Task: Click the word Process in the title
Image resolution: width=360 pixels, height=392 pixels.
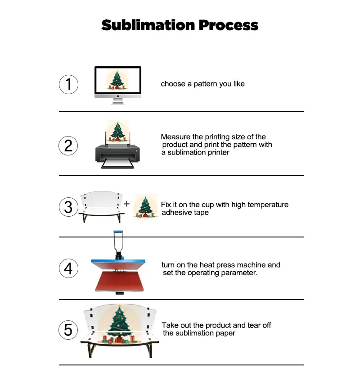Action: [x=229, y=25]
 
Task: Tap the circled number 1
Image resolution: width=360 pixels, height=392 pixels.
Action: [x=68, y=84]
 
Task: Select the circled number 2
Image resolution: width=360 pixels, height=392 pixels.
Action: [x=68, y=146]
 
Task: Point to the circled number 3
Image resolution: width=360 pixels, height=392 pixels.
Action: [x=68, y=207]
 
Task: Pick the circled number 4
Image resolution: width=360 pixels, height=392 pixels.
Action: [x=68, y=268]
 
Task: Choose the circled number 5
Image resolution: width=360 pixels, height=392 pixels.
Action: [x=68, y=330]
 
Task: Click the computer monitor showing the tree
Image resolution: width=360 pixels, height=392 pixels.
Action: [x=118, y=81]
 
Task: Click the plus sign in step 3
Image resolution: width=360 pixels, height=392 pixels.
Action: [x=127, y=204]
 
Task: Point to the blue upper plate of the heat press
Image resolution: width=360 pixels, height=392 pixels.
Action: [x=118, y=262]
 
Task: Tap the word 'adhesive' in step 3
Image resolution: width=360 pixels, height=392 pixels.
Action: [x=177, y=213]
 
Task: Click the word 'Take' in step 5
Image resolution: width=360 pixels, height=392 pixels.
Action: [x=170, y=325]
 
